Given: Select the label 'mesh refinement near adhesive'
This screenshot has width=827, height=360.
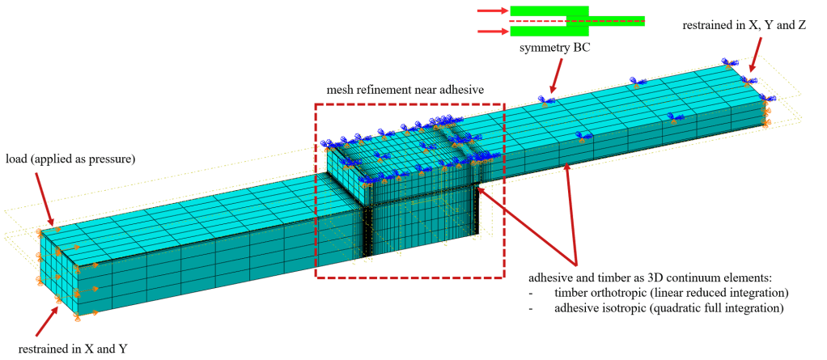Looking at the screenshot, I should click(x=404, y=90).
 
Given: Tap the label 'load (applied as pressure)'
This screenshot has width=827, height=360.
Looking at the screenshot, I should click(x=70, y=159).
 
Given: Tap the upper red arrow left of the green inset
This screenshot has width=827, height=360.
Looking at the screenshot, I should click(x=490, y=11).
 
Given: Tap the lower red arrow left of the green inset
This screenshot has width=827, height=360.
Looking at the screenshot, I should click(x=490, y=32).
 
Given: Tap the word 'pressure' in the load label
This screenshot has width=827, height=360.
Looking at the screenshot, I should click(x=108, y=159).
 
